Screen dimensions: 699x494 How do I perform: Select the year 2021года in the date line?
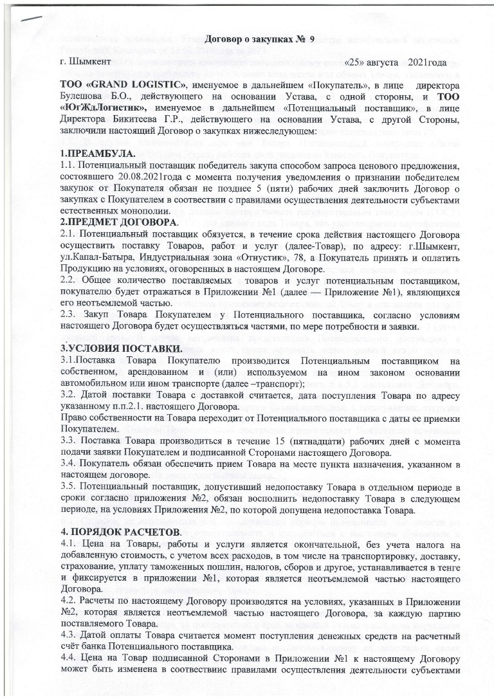[425, 63]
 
